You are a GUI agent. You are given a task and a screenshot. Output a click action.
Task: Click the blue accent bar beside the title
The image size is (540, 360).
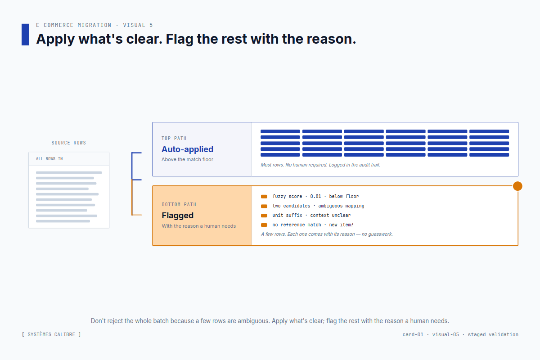25,35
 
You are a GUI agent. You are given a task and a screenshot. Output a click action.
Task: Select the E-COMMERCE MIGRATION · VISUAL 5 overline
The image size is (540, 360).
94,25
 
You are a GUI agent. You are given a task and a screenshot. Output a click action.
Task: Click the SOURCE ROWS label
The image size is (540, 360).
68,143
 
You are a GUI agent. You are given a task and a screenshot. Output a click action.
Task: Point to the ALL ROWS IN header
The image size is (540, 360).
49,159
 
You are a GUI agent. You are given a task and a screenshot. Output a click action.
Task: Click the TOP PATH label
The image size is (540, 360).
174,138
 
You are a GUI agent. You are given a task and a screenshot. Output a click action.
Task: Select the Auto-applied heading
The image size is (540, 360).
187,149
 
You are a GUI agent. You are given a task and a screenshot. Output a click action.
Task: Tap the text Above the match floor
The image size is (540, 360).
187,159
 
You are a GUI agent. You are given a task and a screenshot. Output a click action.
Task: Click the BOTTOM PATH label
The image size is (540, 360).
179,204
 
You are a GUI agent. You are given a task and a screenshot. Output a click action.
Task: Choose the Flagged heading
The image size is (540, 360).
177,216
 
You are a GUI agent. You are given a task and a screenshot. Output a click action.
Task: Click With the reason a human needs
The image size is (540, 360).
198,226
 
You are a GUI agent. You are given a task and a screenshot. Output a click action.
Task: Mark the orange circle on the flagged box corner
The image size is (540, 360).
517,186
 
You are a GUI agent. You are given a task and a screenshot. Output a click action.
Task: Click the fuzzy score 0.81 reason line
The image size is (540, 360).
315,197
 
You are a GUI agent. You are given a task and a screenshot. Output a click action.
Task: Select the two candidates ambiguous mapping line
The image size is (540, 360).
318,206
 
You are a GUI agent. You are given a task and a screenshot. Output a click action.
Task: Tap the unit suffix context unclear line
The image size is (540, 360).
311,216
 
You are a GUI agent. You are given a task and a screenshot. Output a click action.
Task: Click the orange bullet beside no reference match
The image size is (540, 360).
264,225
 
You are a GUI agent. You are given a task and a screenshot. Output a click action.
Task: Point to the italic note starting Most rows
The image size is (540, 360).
320,165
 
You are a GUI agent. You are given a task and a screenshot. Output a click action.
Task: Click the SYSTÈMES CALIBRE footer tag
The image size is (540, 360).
51,334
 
